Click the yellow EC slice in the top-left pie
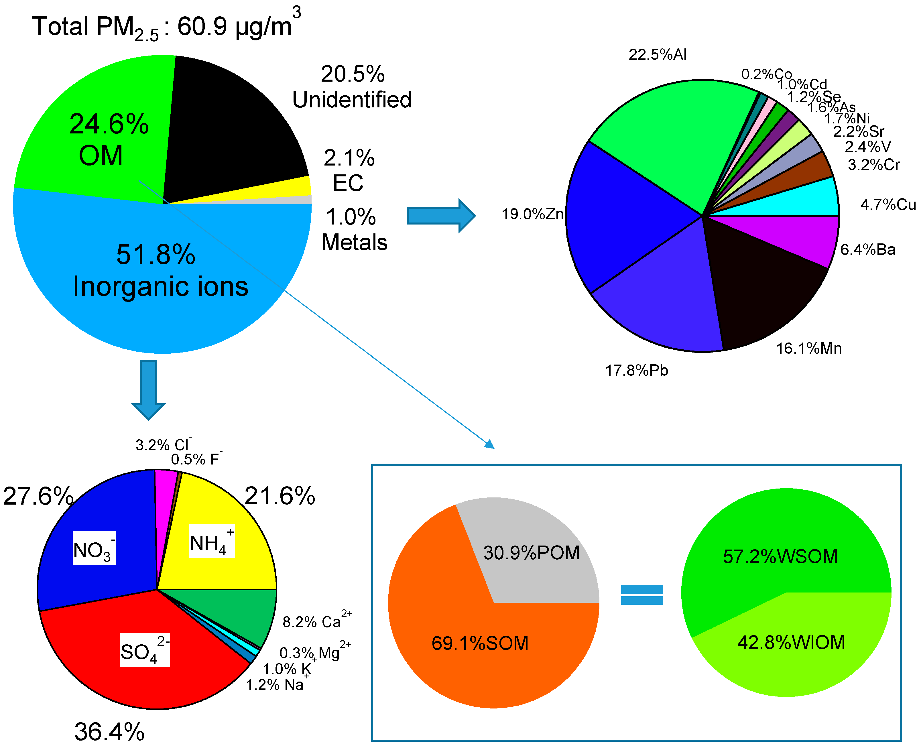[292, 189]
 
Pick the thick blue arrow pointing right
[440, 216]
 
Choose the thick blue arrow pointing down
[149, 389]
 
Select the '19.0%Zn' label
[532, 214]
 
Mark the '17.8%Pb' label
[636, 370]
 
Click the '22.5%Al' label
[657, 55]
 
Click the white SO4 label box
[144, 650]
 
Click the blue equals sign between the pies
[641, 595]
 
